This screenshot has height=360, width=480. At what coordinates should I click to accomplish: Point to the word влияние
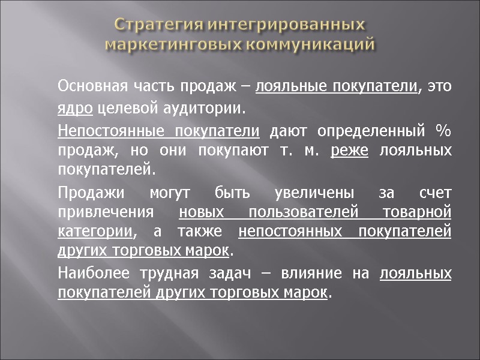pos(313,274)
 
